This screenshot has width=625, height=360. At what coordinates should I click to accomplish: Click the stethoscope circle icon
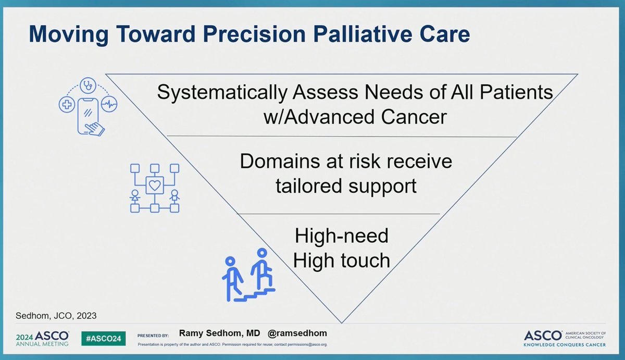click(88, 85)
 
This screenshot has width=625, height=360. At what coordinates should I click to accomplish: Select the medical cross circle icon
click(67, 105)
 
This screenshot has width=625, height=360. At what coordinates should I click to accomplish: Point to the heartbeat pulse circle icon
click(109, 104)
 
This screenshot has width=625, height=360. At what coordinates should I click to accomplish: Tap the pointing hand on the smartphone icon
click(95, 129)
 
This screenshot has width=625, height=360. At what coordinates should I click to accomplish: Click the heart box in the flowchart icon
click(155, 185)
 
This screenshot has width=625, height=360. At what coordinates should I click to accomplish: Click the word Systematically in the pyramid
click(222, 92)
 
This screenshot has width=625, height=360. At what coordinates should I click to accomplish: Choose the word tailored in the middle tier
click(309, 186)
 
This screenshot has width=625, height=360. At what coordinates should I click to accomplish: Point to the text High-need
click(342, 235)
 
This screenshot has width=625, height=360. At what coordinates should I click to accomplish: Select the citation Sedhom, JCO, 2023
click(56, 316)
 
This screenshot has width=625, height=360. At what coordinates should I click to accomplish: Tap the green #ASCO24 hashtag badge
click(104, 339)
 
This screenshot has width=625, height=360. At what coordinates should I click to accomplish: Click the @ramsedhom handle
click(297, 333)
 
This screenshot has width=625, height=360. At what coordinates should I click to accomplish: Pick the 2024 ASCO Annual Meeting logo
click(42, 339)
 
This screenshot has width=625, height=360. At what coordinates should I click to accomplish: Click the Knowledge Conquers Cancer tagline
click(565, 345)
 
